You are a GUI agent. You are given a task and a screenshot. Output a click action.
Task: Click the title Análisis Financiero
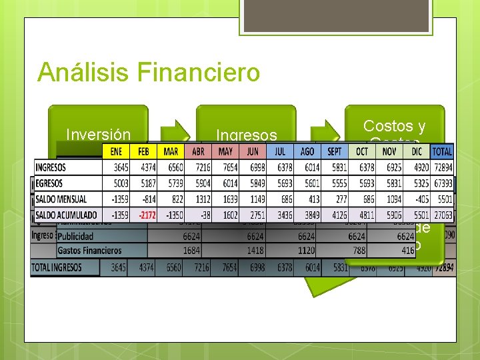pos(149,72)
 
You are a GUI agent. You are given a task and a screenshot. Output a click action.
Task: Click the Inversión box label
pos(98,135)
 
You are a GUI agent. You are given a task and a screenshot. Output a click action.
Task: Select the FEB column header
pos(143,151)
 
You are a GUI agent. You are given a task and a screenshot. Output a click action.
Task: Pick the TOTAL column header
pos(441,151)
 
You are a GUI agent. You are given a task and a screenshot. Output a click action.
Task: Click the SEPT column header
pos(334,151)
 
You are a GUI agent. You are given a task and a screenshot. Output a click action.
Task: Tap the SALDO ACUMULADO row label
pos(67,215)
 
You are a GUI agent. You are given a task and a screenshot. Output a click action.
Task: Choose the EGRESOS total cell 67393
pos(441,183)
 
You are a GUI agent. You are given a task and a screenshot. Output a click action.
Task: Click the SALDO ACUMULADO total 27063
pos(441,215)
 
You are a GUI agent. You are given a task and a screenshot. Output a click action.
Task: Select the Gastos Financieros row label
pos(90,251)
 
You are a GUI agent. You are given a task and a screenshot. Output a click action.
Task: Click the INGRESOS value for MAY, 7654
pos(227,167)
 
